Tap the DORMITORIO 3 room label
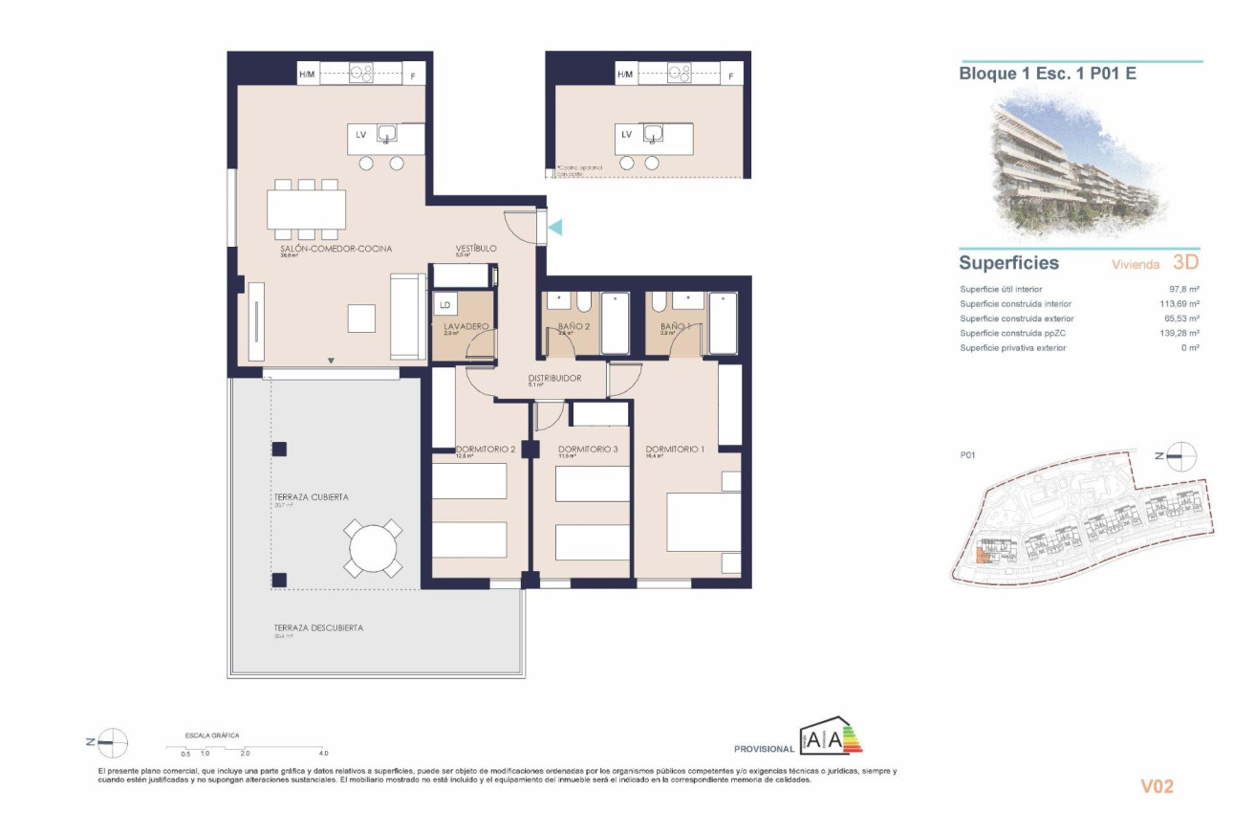(x=588, y=450)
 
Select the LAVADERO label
(x=466, y=326)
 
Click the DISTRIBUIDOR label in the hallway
(x=554, y=378)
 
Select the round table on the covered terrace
(x=373, y=548)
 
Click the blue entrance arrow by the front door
(x=555, y=227)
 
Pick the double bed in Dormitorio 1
(x=703, y=522)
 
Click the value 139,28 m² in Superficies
(x=1180, y=333)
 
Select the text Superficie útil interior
(x=1001, y=289)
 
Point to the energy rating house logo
(x=831, y=737)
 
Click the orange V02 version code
(x=1157, y=786)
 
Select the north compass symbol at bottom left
(x=112, y=741)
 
